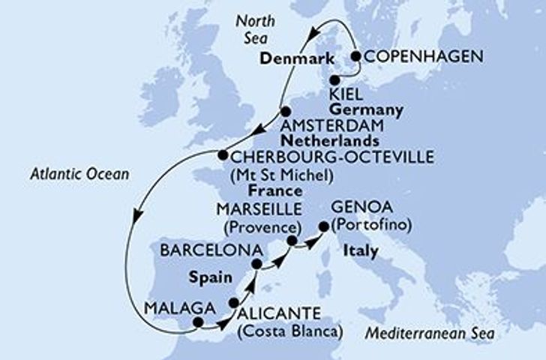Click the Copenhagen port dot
click(x=355, y=55)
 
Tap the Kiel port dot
click(x=336, y=78)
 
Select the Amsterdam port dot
click(x=283, y=111)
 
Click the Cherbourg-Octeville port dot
click(x=222, y=155)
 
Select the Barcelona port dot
click(x=256, y=264)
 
